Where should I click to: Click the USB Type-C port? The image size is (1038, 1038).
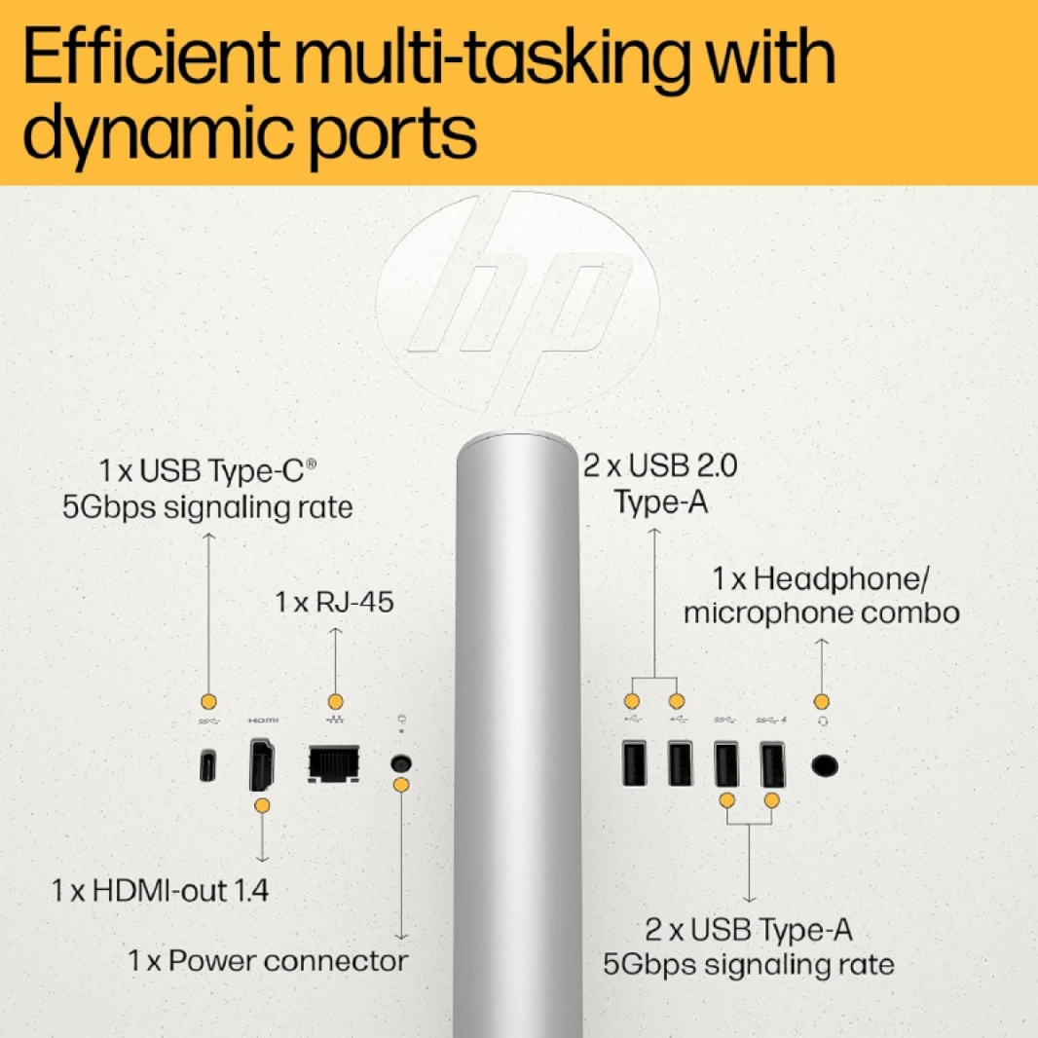[207, 765]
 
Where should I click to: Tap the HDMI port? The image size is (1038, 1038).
[262, 765]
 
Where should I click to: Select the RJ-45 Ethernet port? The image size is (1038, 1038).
[334, 764]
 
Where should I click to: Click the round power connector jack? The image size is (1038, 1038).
[401, 763]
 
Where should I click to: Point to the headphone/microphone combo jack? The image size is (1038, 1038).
[824, 766]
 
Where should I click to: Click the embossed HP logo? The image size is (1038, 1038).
[517, 303]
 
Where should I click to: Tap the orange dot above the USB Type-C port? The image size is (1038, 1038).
[208, 702]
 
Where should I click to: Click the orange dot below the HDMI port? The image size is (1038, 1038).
[262, 805]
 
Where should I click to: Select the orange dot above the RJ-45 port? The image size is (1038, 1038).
[336, 702]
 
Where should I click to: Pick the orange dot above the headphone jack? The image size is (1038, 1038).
[822, 702]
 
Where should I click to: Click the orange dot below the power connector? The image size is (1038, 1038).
[401, 786]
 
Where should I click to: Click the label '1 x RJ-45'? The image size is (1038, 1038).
[334, 603]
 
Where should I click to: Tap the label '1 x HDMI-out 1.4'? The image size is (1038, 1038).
[161, 890]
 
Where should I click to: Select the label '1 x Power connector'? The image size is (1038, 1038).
[268, 960]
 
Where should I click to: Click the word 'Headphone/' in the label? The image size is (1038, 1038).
[840, 578]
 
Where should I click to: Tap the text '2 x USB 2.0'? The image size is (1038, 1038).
[660, 465]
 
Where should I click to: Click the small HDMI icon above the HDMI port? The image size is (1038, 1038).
[264, 721]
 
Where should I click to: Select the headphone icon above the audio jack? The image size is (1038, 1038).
[822, 721]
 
